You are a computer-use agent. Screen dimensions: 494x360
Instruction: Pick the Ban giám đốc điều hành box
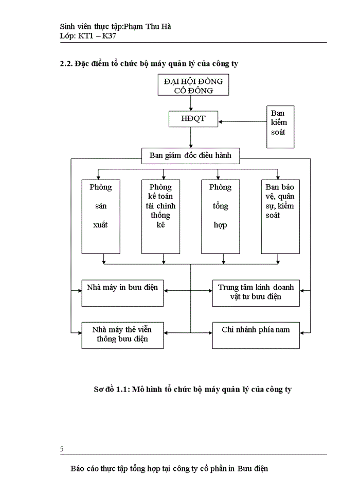(190, 155)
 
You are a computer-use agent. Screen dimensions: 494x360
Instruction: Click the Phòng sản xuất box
(100, 216)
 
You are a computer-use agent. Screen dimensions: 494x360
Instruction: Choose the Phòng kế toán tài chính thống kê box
(160, 216)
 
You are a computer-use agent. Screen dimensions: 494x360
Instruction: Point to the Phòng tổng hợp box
(220, 216)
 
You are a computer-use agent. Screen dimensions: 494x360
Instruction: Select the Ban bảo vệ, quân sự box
(280, 216)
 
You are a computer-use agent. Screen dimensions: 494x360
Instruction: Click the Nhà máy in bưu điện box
(122, 293)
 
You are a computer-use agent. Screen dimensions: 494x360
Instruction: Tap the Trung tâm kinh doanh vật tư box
(256, 293)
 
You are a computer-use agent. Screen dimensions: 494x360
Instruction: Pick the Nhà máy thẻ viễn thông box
(122, 334)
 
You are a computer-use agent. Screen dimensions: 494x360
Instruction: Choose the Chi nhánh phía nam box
(256, 334)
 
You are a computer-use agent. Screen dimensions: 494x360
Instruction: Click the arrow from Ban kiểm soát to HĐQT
(242, 122)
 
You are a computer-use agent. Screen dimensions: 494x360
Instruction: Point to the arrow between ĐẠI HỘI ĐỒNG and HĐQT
(191, 103)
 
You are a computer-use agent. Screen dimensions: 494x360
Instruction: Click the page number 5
(62, 449)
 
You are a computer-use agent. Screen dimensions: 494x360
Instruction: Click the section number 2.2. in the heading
(66, 64)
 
